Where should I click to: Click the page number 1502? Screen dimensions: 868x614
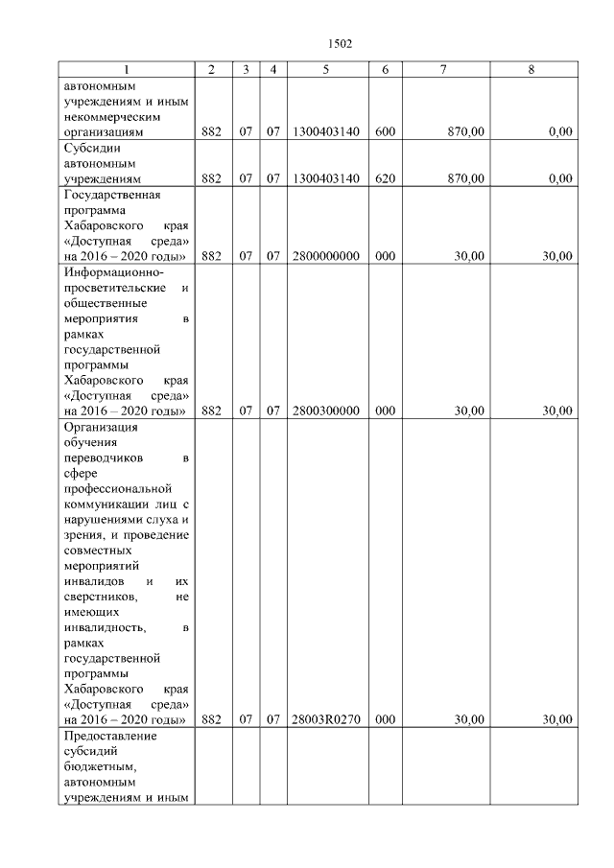pyautogui.click(x=340, y=43)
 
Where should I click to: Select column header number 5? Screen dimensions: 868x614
pyautogui.click(x=325, y=70)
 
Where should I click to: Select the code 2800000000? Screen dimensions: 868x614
pyautogui.click(x=325, y=256)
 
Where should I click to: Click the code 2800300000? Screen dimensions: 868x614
pyautogui.click(x=325, y=411)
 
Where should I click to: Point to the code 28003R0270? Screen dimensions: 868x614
pyautogui.click(x=325, y=720)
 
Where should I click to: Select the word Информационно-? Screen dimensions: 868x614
pyautogui.click(x=110, y=272)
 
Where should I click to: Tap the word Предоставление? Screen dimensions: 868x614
pyautogui.click(x=109, y=736)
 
